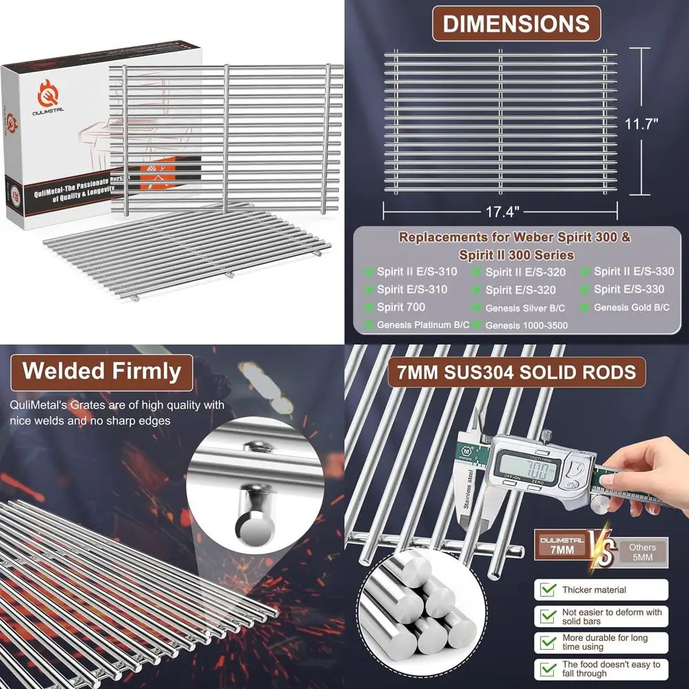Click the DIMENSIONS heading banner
pos(515,23)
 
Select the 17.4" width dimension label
pos(501,206)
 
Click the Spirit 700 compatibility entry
pos(401,307)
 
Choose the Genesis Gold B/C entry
pos(631,307)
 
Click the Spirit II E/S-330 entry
pos(634,271)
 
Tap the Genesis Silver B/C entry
pos(525,308)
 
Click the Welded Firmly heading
pos(101,371)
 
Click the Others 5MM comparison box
pos(642,552)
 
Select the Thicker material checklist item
pos(593,590)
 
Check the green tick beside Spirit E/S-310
pos(370,289)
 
